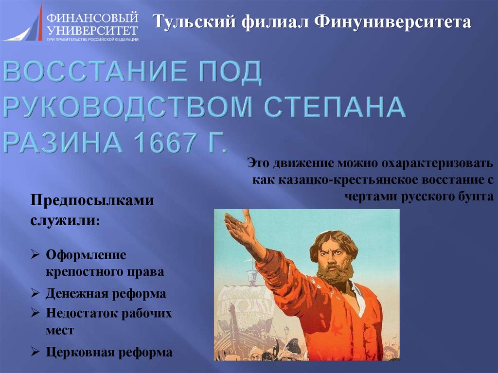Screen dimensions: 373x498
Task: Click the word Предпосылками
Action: click(92, 201)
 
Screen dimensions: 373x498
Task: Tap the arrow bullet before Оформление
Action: click(36, 254)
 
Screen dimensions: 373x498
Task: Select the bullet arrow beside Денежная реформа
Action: click(36, 293)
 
